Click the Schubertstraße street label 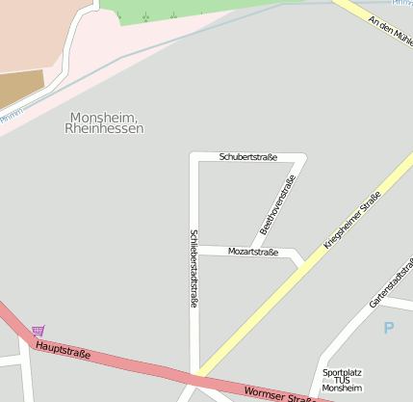click(x=247, y=156)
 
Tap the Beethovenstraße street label click(x=277, y=204)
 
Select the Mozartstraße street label click(x=252, y=251)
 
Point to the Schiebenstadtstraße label click(x=194, y=268)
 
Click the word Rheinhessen click(x=106, y=128)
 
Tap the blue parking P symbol click(x=389, y=328)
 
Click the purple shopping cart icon click(x=38, y=331)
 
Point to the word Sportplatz click(x=345, y=371)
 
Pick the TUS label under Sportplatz click(x=345, y=380)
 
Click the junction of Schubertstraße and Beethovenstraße click(x=305, y=156)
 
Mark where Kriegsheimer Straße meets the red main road click(x=198, y=374)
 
